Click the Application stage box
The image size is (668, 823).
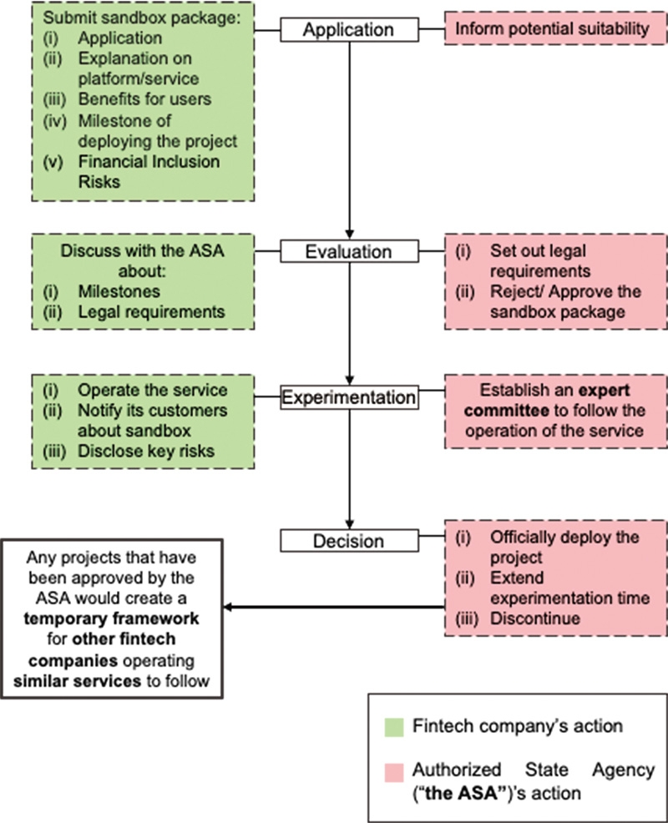click(348, 30)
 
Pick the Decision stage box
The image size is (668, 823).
click(348, 541)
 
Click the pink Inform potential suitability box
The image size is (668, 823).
click(552, 30)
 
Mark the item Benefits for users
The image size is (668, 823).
click(144, 99)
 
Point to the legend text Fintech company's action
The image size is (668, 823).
click(518, 725)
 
